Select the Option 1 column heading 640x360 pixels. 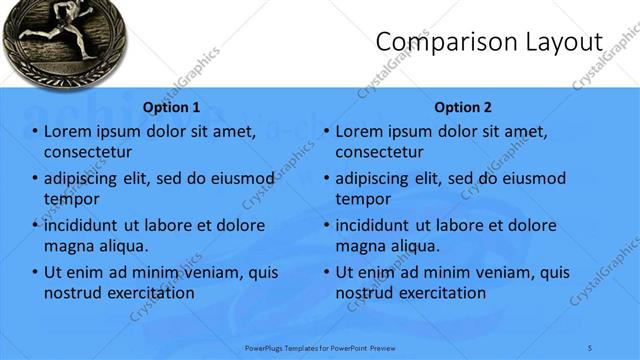tap(171, 107)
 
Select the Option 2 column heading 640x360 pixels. tap(462, 107)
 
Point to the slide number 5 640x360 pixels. tap(590, 347)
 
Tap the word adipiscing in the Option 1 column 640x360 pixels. tap(86, 179)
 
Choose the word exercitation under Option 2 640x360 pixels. tap(436, 293)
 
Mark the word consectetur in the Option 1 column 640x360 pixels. tap(89, 152)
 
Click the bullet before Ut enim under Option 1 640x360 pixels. tap(35, 272)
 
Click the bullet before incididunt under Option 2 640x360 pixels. tap(326, 225)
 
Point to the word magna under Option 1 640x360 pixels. tap(68, 245)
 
